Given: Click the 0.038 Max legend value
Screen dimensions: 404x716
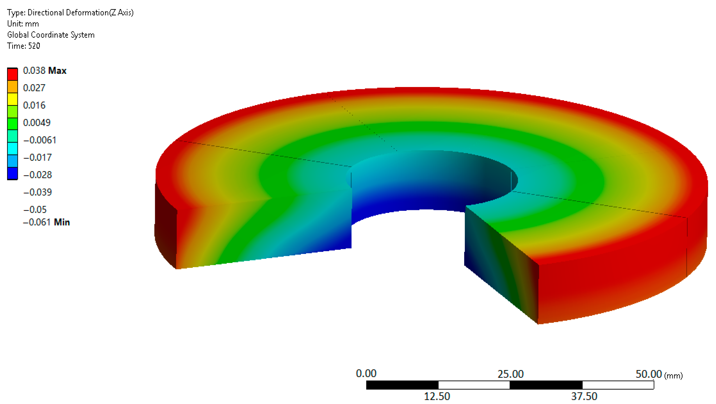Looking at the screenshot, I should click(44, 71).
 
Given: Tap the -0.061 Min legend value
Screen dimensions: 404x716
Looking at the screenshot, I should click(46, 222).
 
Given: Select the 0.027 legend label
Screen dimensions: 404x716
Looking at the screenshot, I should click(34, 88).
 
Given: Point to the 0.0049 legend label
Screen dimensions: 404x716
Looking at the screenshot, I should click(37, 123).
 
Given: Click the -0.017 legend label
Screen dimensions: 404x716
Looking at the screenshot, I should click(38, 157).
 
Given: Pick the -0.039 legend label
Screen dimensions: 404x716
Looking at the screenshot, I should click(38, 192).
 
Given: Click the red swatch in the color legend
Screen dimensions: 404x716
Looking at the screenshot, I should click(12, 74).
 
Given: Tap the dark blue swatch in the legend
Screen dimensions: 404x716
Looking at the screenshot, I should click(12, 173).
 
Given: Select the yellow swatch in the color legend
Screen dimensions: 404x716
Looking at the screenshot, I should click(12, 99).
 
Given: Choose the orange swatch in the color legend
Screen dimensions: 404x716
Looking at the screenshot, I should click(12, 87).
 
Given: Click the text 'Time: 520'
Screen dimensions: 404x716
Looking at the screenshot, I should click(24, 46).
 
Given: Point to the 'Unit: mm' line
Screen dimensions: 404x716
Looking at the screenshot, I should click(23, 24).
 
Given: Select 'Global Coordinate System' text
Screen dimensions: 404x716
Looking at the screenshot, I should click(51, 35).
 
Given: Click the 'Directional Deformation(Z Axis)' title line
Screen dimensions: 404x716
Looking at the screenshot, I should click(70, 12).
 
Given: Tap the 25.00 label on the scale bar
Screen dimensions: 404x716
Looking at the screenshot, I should click(510, 374).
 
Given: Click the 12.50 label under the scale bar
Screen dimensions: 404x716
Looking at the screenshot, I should click(437, 396).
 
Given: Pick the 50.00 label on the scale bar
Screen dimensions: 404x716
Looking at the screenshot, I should click(649, 374).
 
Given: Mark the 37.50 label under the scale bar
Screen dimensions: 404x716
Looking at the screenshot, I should click(584, 396).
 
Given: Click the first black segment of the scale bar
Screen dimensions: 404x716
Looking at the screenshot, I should click(402, 385).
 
